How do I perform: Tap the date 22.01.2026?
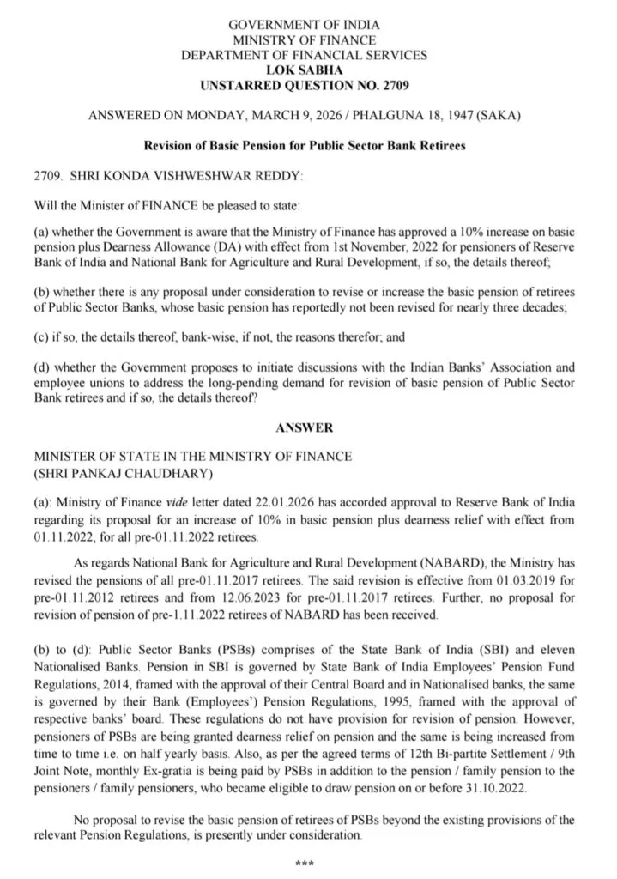tap(255, 502)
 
